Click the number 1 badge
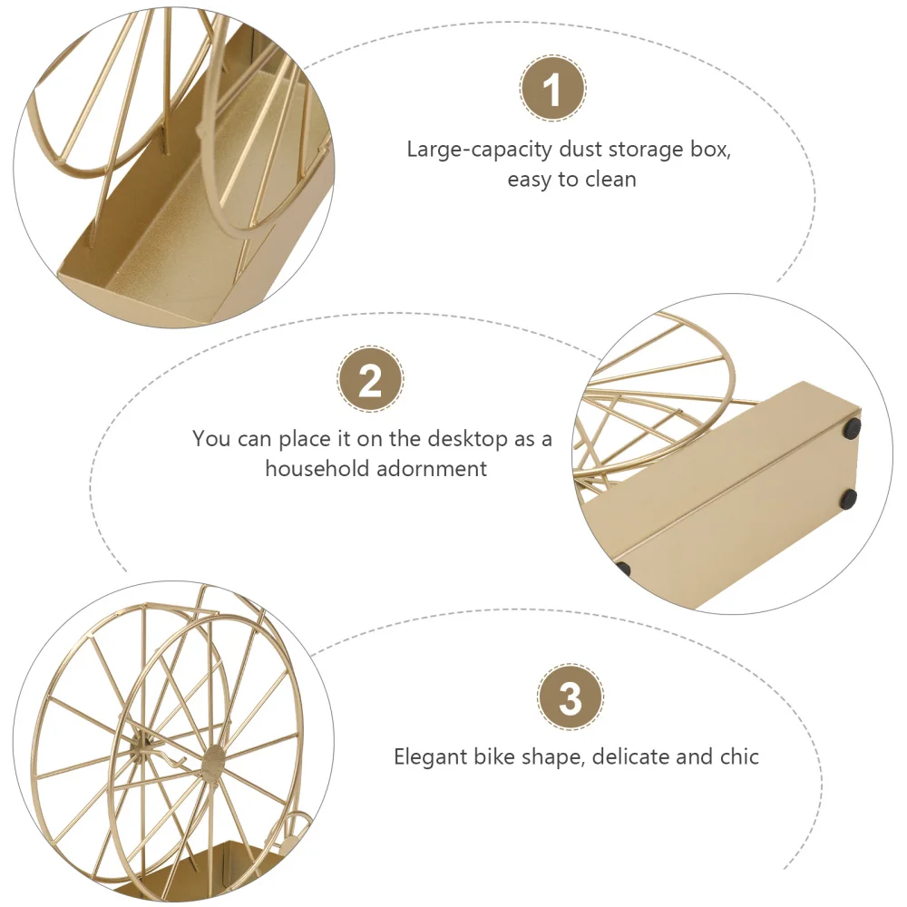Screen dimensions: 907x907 point(552,89)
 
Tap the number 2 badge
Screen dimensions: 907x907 point(370,381)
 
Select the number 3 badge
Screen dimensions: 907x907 point(570,698)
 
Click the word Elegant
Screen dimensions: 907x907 point(431,756)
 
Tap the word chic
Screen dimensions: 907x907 point(739,756)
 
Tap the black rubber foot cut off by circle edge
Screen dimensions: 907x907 point(623,569)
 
